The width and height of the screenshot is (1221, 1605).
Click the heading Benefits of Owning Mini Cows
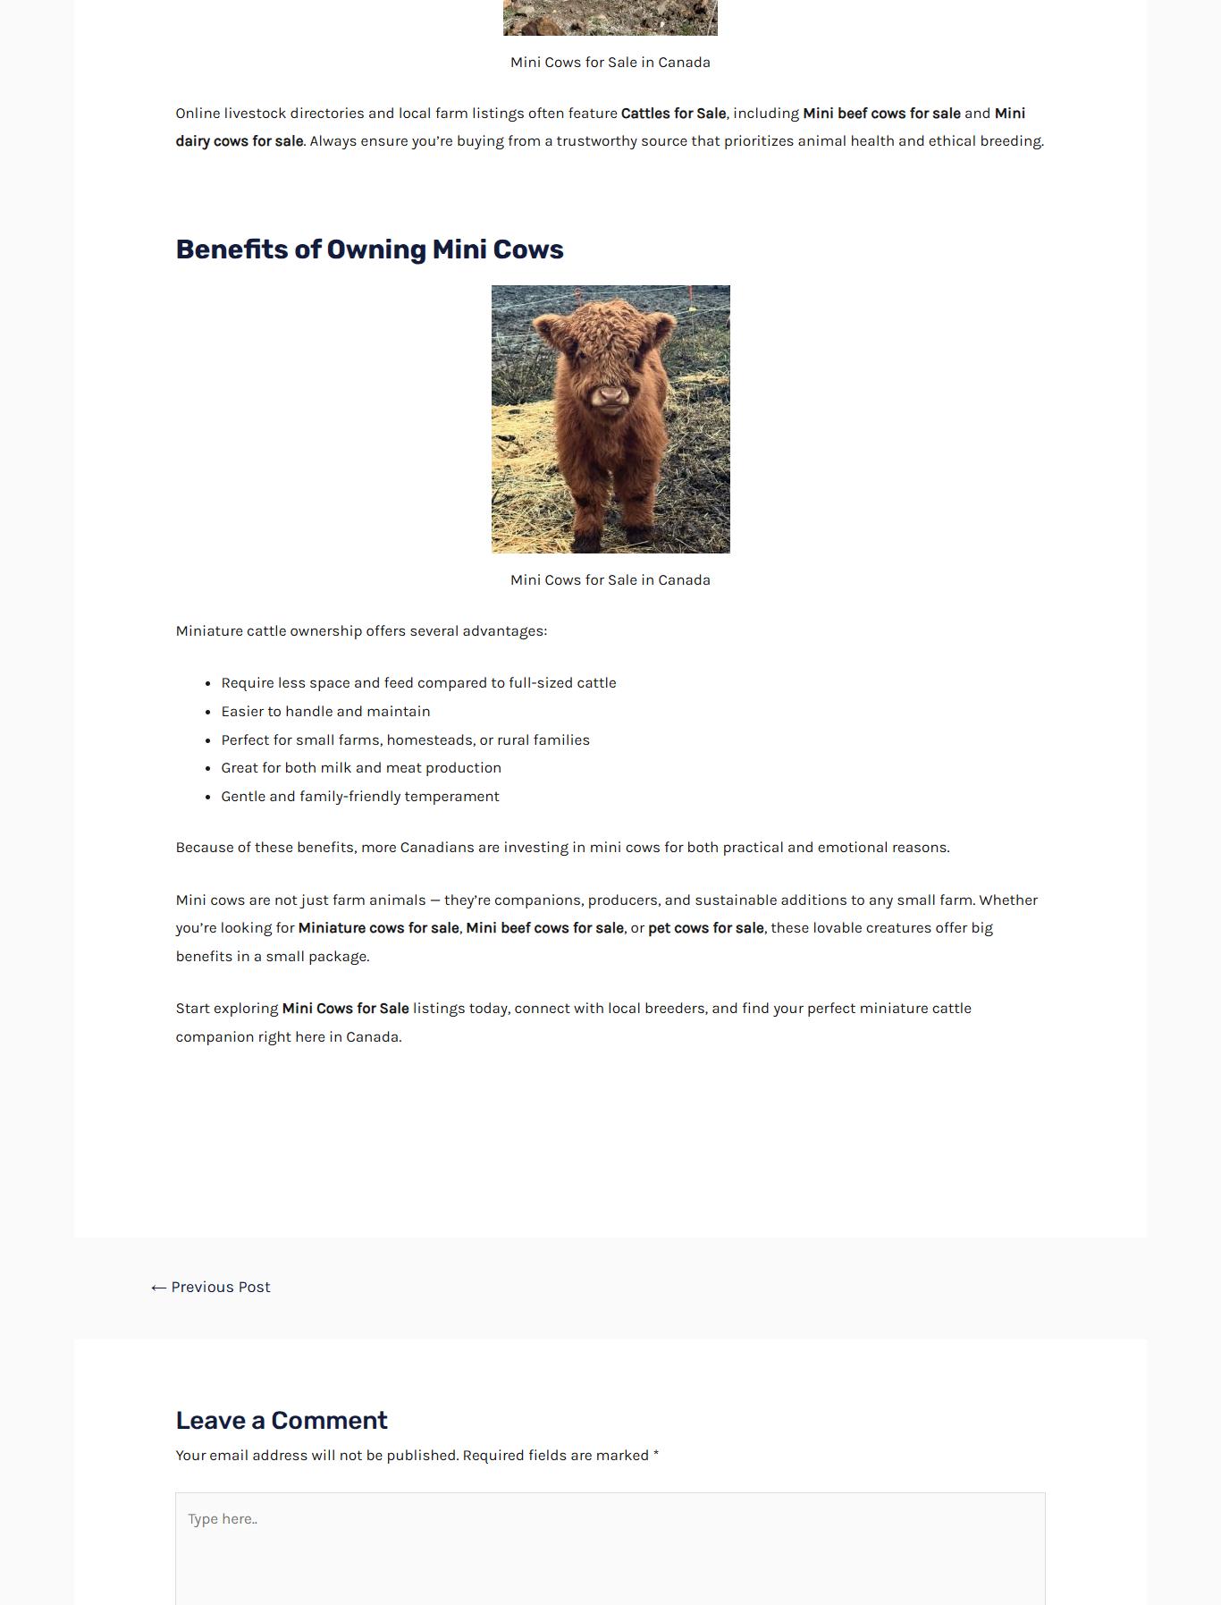tap(369, 249)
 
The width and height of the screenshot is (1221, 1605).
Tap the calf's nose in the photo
tap(610, 394)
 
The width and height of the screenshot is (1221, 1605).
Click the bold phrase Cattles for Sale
tap(673, 114)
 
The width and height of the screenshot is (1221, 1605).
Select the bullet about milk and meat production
tap(361, 768)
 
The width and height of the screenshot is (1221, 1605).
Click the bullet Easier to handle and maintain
tap(325, 712)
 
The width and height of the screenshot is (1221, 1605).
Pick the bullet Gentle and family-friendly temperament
tap(360, 797)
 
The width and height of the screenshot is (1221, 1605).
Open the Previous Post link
tap(211, 1288)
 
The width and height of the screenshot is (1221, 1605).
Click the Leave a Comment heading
tap(282, 1421)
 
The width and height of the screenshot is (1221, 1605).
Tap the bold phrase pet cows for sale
tap(705, 928)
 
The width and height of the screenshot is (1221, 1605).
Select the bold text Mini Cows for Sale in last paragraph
tap(345, 1009)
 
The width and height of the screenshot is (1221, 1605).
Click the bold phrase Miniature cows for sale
tap(378, 928)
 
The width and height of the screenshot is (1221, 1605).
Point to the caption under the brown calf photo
tap(610, 580)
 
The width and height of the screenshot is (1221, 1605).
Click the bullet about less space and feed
tap(418, 683)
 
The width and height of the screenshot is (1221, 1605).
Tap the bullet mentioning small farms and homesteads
tap(405, 740)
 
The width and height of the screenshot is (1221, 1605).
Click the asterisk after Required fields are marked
tap(656, 1456)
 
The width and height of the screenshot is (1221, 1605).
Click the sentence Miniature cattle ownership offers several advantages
tap(361, 631)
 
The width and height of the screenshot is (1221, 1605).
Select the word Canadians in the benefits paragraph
tap(437, 848)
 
